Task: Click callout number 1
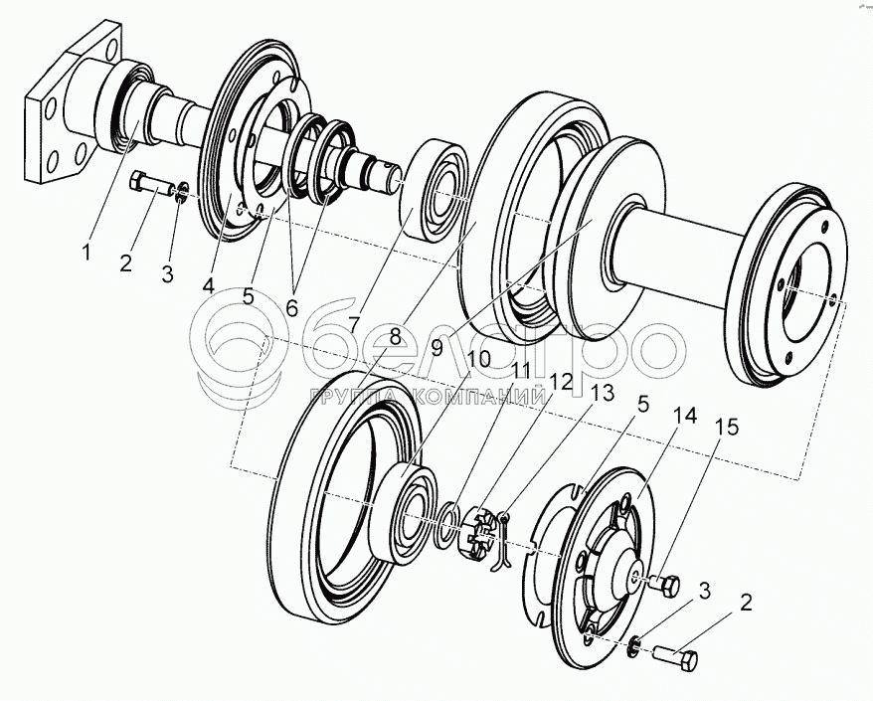(x=87, y=253)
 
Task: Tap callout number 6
(x=291, y=308)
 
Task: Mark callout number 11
(x=522, y=370)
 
